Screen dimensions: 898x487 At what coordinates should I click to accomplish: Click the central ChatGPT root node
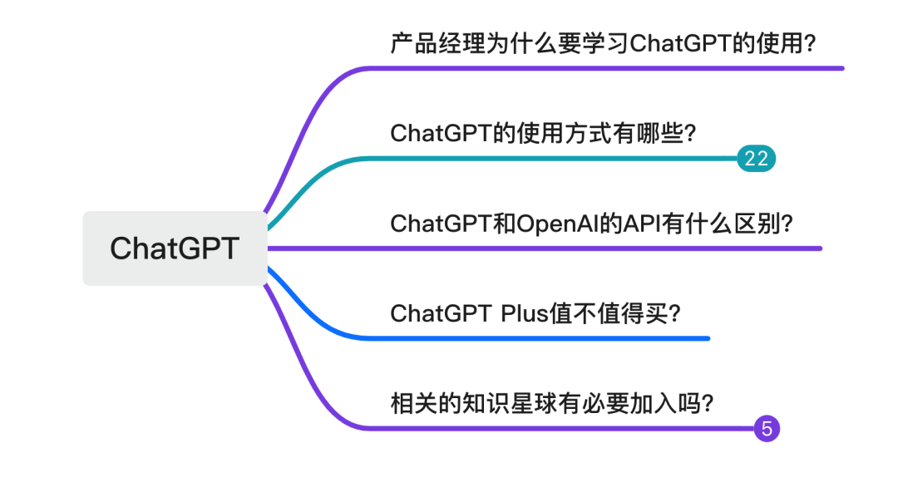pos(175,248)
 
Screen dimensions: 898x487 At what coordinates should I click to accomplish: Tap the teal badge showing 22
pos(756,159)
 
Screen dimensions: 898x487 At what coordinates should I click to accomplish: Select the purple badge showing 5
pos(767,429)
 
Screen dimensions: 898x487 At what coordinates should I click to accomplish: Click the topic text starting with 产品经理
pos(603,43)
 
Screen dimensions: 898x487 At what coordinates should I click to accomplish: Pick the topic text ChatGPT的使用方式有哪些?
pos(543,133)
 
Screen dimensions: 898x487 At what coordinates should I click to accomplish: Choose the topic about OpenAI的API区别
pos(592,224)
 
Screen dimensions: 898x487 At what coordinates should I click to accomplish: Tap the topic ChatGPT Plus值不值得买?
pos(535,313)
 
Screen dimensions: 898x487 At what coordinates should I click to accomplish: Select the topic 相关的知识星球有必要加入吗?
pos(552,404)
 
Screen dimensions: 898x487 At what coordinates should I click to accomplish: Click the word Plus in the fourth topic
pos(525,313)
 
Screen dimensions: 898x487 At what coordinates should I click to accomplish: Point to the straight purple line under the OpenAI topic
pos(545,248)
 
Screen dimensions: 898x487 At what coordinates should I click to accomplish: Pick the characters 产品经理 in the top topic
pos(438,43)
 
